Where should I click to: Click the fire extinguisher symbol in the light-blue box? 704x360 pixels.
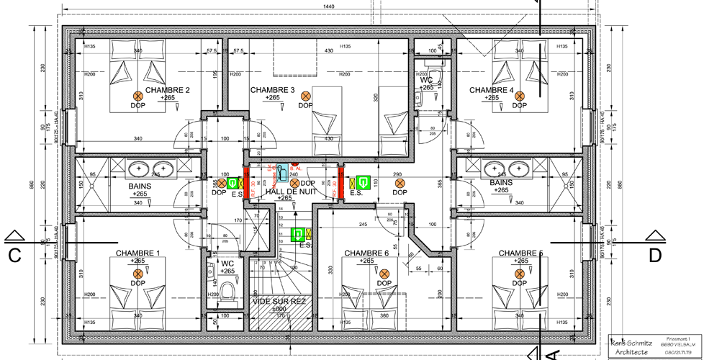(282, 173)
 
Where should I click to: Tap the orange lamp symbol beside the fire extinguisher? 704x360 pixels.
(294, 183)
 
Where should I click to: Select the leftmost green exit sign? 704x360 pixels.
(232, 183)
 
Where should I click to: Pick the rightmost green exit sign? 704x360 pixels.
(364, 183)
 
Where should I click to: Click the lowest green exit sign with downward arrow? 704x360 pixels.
(297, 235)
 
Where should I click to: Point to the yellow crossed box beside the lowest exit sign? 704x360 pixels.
(309, 234)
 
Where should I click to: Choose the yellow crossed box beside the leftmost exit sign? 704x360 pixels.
(240, 184)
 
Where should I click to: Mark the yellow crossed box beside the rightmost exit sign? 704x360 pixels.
(352, 184)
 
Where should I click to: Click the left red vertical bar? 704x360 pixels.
(246, 183)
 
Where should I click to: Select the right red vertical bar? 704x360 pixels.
(341, 183)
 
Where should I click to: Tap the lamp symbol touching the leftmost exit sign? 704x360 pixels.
(222, 183)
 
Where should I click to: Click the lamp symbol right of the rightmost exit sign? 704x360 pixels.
(400, 183)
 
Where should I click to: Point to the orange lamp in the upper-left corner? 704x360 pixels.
(138, 96)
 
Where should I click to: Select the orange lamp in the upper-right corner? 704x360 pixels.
(520, 96)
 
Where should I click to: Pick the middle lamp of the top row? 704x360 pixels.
(306, 96)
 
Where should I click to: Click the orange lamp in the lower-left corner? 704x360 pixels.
(138, 274)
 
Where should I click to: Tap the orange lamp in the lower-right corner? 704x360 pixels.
(520, 274)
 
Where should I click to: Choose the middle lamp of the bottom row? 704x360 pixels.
(384, 274)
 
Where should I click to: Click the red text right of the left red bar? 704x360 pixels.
(253, 189)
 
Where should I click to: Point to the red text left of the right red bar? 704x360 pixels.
(335, 189)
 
